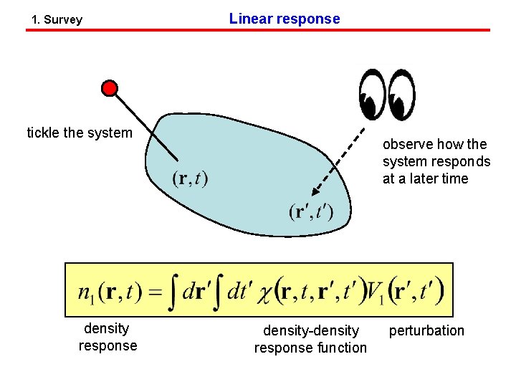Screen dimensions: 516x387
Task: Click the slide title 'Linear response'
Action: pos(285,19)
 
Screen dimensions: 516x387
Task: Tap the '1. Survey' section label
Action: pos(57,20)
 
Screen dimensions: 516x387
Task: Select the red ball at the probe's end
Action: pos(109,88)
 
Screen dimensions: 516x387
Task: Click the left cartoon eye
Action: pos(372,94)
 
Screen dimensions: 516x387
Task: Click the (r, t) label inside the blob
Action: pos(190,178)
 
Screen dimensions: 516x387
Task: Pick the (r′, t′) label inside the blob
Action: pos(311,212)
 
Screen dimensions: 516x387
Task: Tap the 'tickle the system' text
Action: pos(80,133)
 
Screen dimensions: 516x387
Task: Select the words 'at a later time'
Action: pos(425,178)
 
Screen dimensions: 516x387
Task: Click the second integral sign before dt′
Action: pos(216,292)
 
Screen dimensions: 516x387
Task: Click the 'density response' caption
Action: pos(107,337)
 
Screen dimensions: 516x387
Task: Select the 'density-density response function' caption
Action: pos(310,339)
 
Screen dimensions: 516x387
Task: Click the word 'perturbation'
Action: pos(426,330)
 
